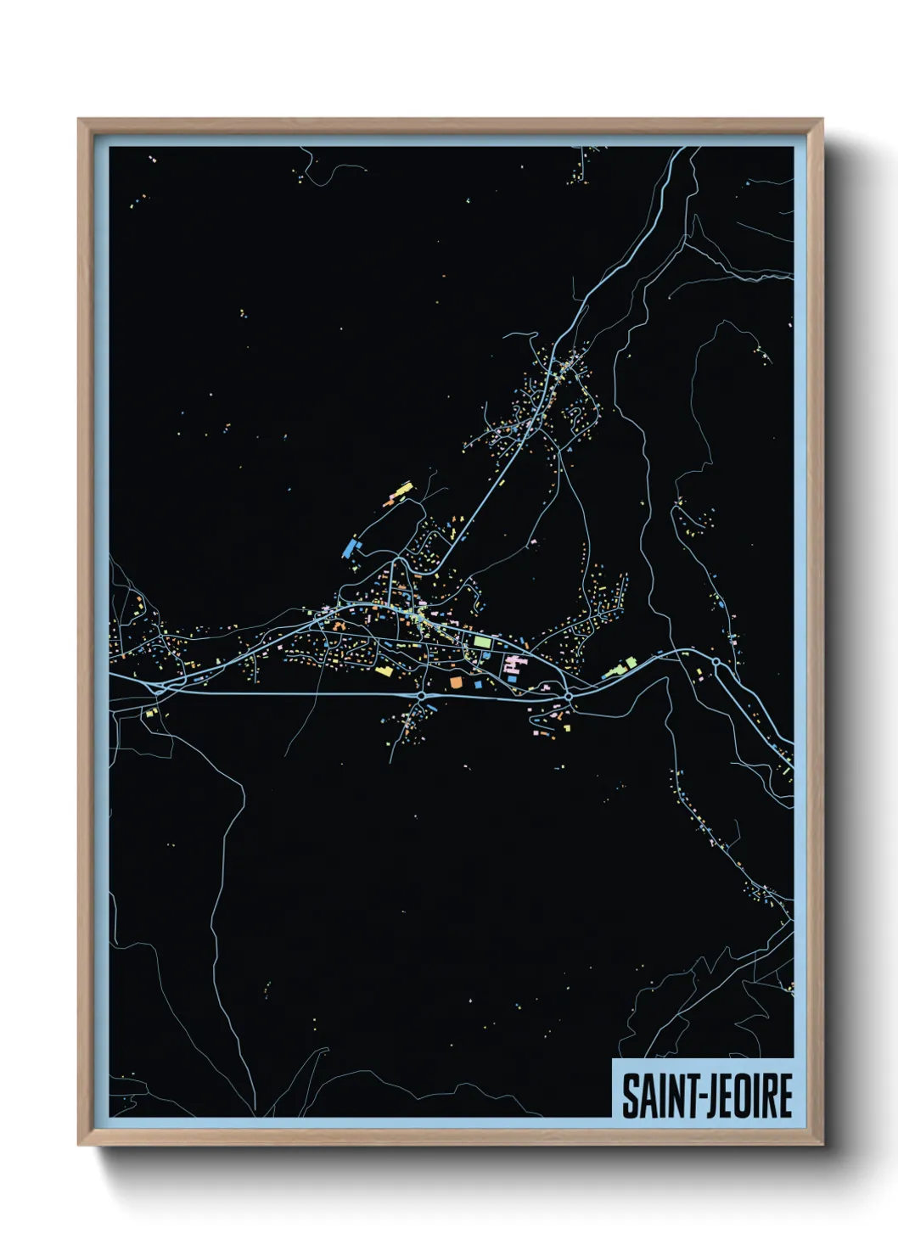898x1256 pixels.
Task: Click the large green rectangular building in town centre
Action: click(482, 642)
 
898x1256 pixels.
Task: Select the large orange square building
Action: click(456, 681)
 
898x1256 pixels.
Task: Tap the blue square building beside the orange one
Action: click(478, 684)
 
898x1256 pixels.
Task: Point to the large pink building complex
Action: click(512, 664)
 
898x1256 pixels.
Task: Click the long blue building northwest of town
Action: click(350, 547)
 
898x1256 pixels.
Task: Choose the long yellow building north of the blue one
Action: click(400, 491)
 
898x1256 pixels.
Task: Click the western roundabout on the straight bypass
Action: click(421, 696)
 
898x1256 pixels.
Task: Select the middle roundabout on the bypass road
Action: click(568, 696)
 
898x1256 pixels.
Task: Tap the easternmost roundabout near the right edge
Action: click(716, 661)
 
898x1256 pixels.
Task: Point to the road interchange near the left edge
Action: click(156, 689)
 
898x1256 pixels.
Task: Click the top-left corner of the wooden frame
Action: click(79, 120)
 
